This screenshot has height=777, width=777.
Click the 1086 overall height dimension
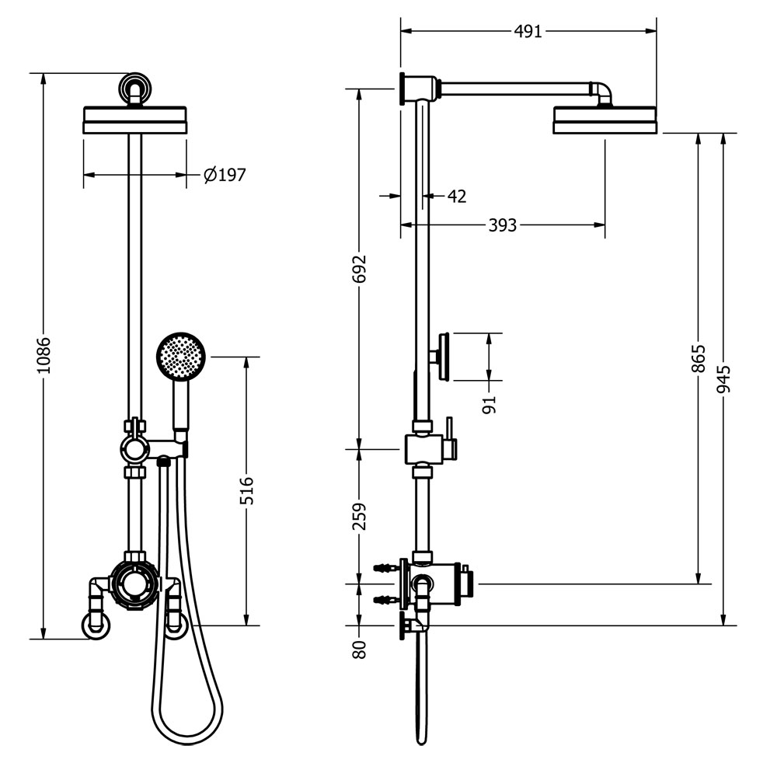pyautogui.click(x=44, y=355)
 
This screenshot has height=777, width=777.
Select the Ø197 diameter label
pyautogui.click(x=225, y=175)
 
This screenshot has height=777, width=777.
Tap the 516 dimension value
pyautogui.click(x=246, y=490)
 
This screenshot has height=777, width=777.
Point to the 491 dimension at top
pyautogui.click(x=528, y=31)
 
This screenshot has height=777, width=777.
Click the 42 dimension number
pyautogui.click(x=456, y=197)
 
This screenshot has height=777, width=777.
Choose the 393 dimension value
pyautogui.click(x=502, y=225)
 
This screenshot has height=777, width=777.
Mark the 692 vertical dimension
pyautogui.click(x=359, y=269)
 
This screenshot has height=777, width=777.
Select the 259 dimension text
pyautogui.click(x=359, y=516)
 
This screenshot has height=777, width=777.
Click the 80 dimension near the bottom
pyautogui.click(x=359, y=649)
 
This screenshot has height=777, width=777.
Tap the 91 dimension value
pyautogui.click(x=489, y=403)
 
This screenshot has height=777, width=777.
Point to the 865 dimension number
pyautogui.click(x=698, y=359)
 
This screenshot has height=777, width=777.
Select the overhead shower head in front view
pyautogui.click(x=135, y=120)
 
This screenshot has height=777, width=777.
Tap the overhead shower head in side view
pyautogui.click(x=605, y=121)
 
